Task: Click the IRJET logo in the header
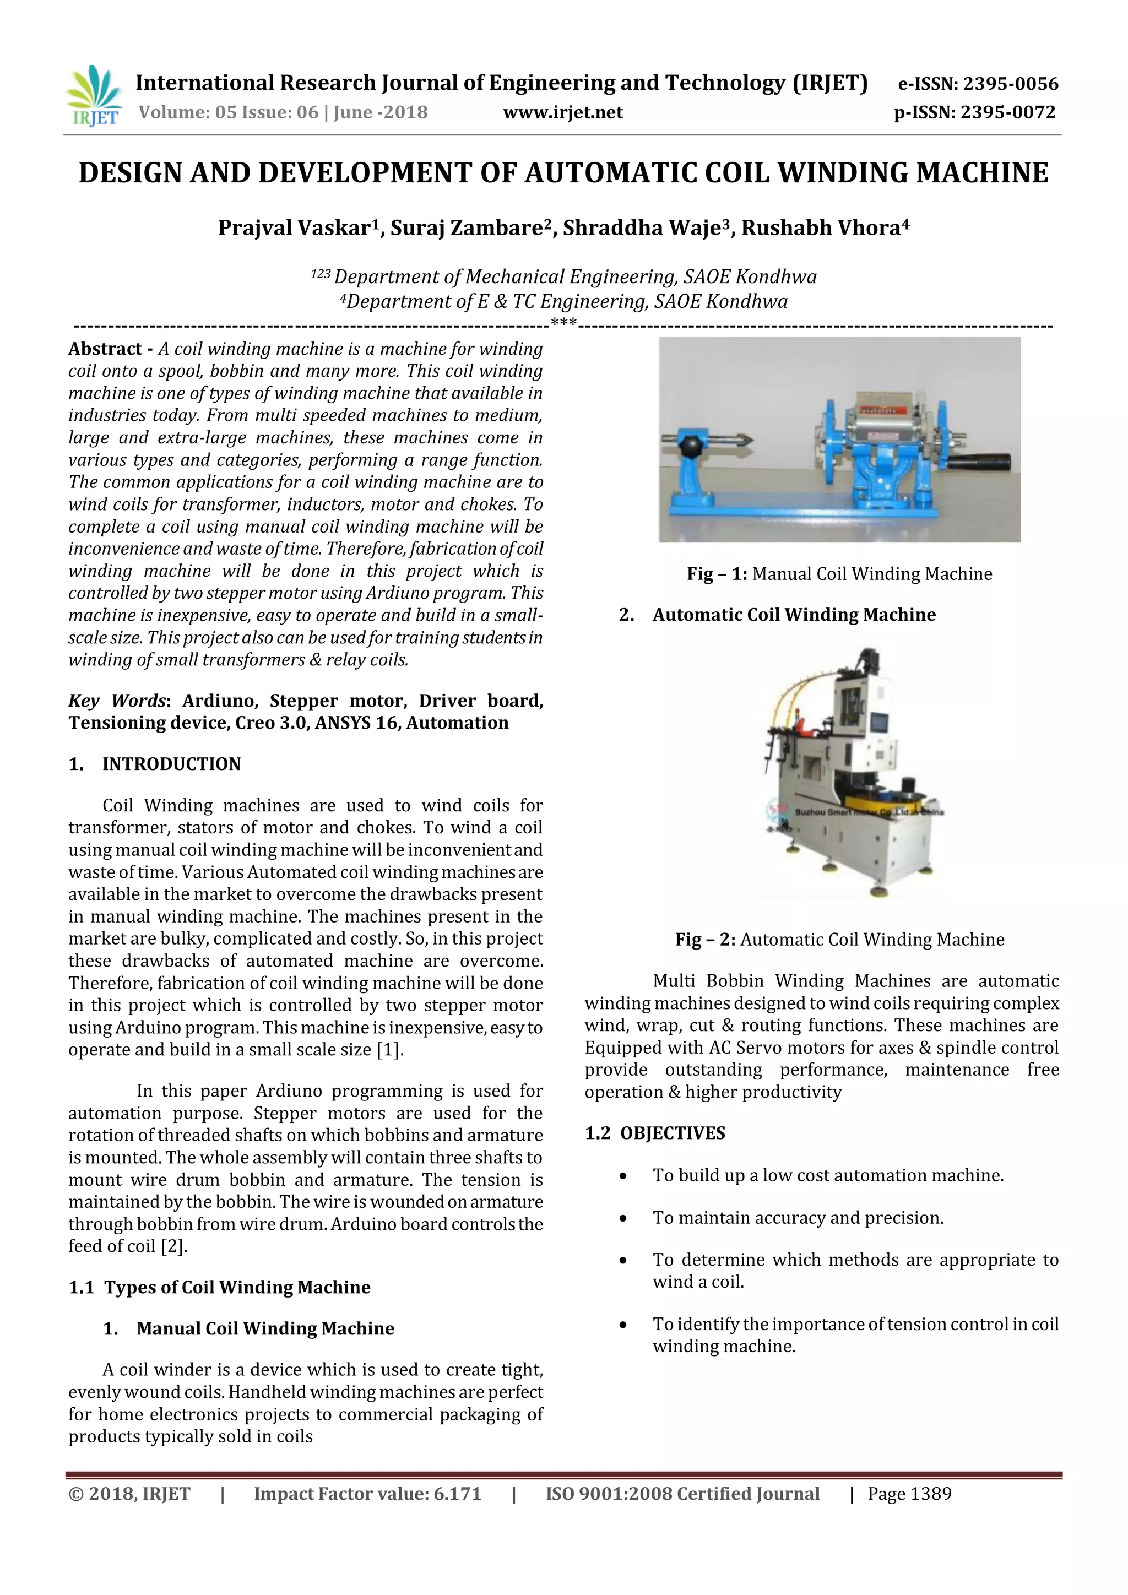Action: tap(93, 95)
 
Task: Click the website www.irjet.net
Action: tap(562, 112)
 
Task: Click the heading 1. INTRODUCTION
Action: tap(154, 764)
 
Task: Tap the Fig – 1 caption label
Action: tap(716, 574)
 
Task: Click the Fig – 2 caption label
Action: tap(704, 940)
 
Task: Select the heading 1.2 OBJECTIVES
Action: tap(654, 1133)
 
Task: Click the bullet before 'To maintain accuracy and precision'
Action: tap(623, 1218)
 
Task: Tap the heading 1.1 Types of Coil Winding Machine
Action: tap(220, 1287)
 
